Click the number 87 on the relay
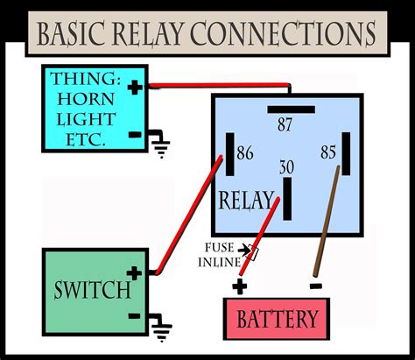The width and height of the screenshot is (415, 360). point(285,124)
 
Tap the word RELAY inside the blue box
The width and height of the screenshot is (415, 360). point(246,201)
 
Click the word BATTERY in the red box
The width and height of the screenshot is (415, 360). point(278,318)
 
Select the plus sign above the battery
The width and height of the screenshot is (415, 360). point(240,285)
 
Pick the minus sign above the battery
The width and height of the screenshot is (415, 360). point(315,285)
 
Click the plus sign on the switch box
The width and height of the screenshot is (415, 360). point(134,273)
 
